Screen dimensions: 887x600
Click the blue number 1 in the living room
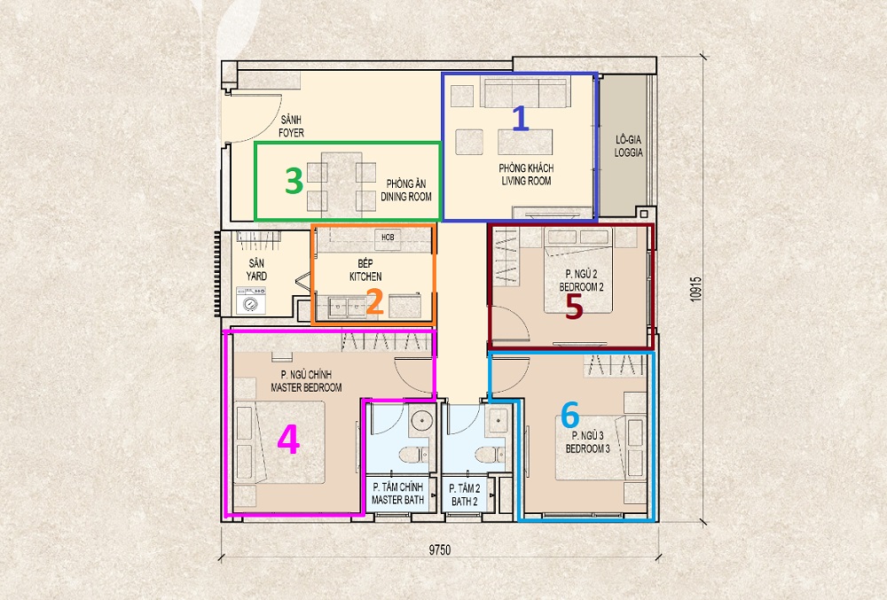click(521, 120)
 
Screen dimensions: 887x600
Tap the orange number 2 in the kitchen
click(375, 301)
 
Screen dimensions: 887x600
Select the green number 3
click(294, 182)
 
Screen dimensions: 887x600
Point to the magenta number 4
click(288, 440)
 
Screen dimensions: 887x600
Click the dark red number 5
click(574, 307)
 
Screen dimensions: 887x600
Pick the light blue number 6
click(570, 415)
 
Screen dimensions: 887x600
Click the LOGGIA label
click(629, 152)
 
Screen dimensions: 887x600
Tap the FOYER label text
click(291, 133)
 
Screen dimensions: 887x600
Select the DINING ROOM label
click(406, 197)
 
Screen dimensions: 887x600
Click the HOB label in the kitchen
click(389, 238)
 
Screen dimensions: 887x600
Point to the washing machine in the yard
click(251, 301)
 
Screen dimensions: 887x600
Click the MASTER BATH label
click(397, 500)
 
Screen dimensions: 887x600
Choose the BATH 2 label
click(465, 501)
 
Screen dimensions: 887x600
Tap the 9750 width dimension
click(440, 549)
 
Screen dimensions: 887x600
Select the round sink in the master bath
click(421, 421)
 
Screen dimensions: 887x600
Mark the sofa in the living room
click(524, 93)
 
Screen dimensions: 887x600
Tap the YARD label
click(256, 277)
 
